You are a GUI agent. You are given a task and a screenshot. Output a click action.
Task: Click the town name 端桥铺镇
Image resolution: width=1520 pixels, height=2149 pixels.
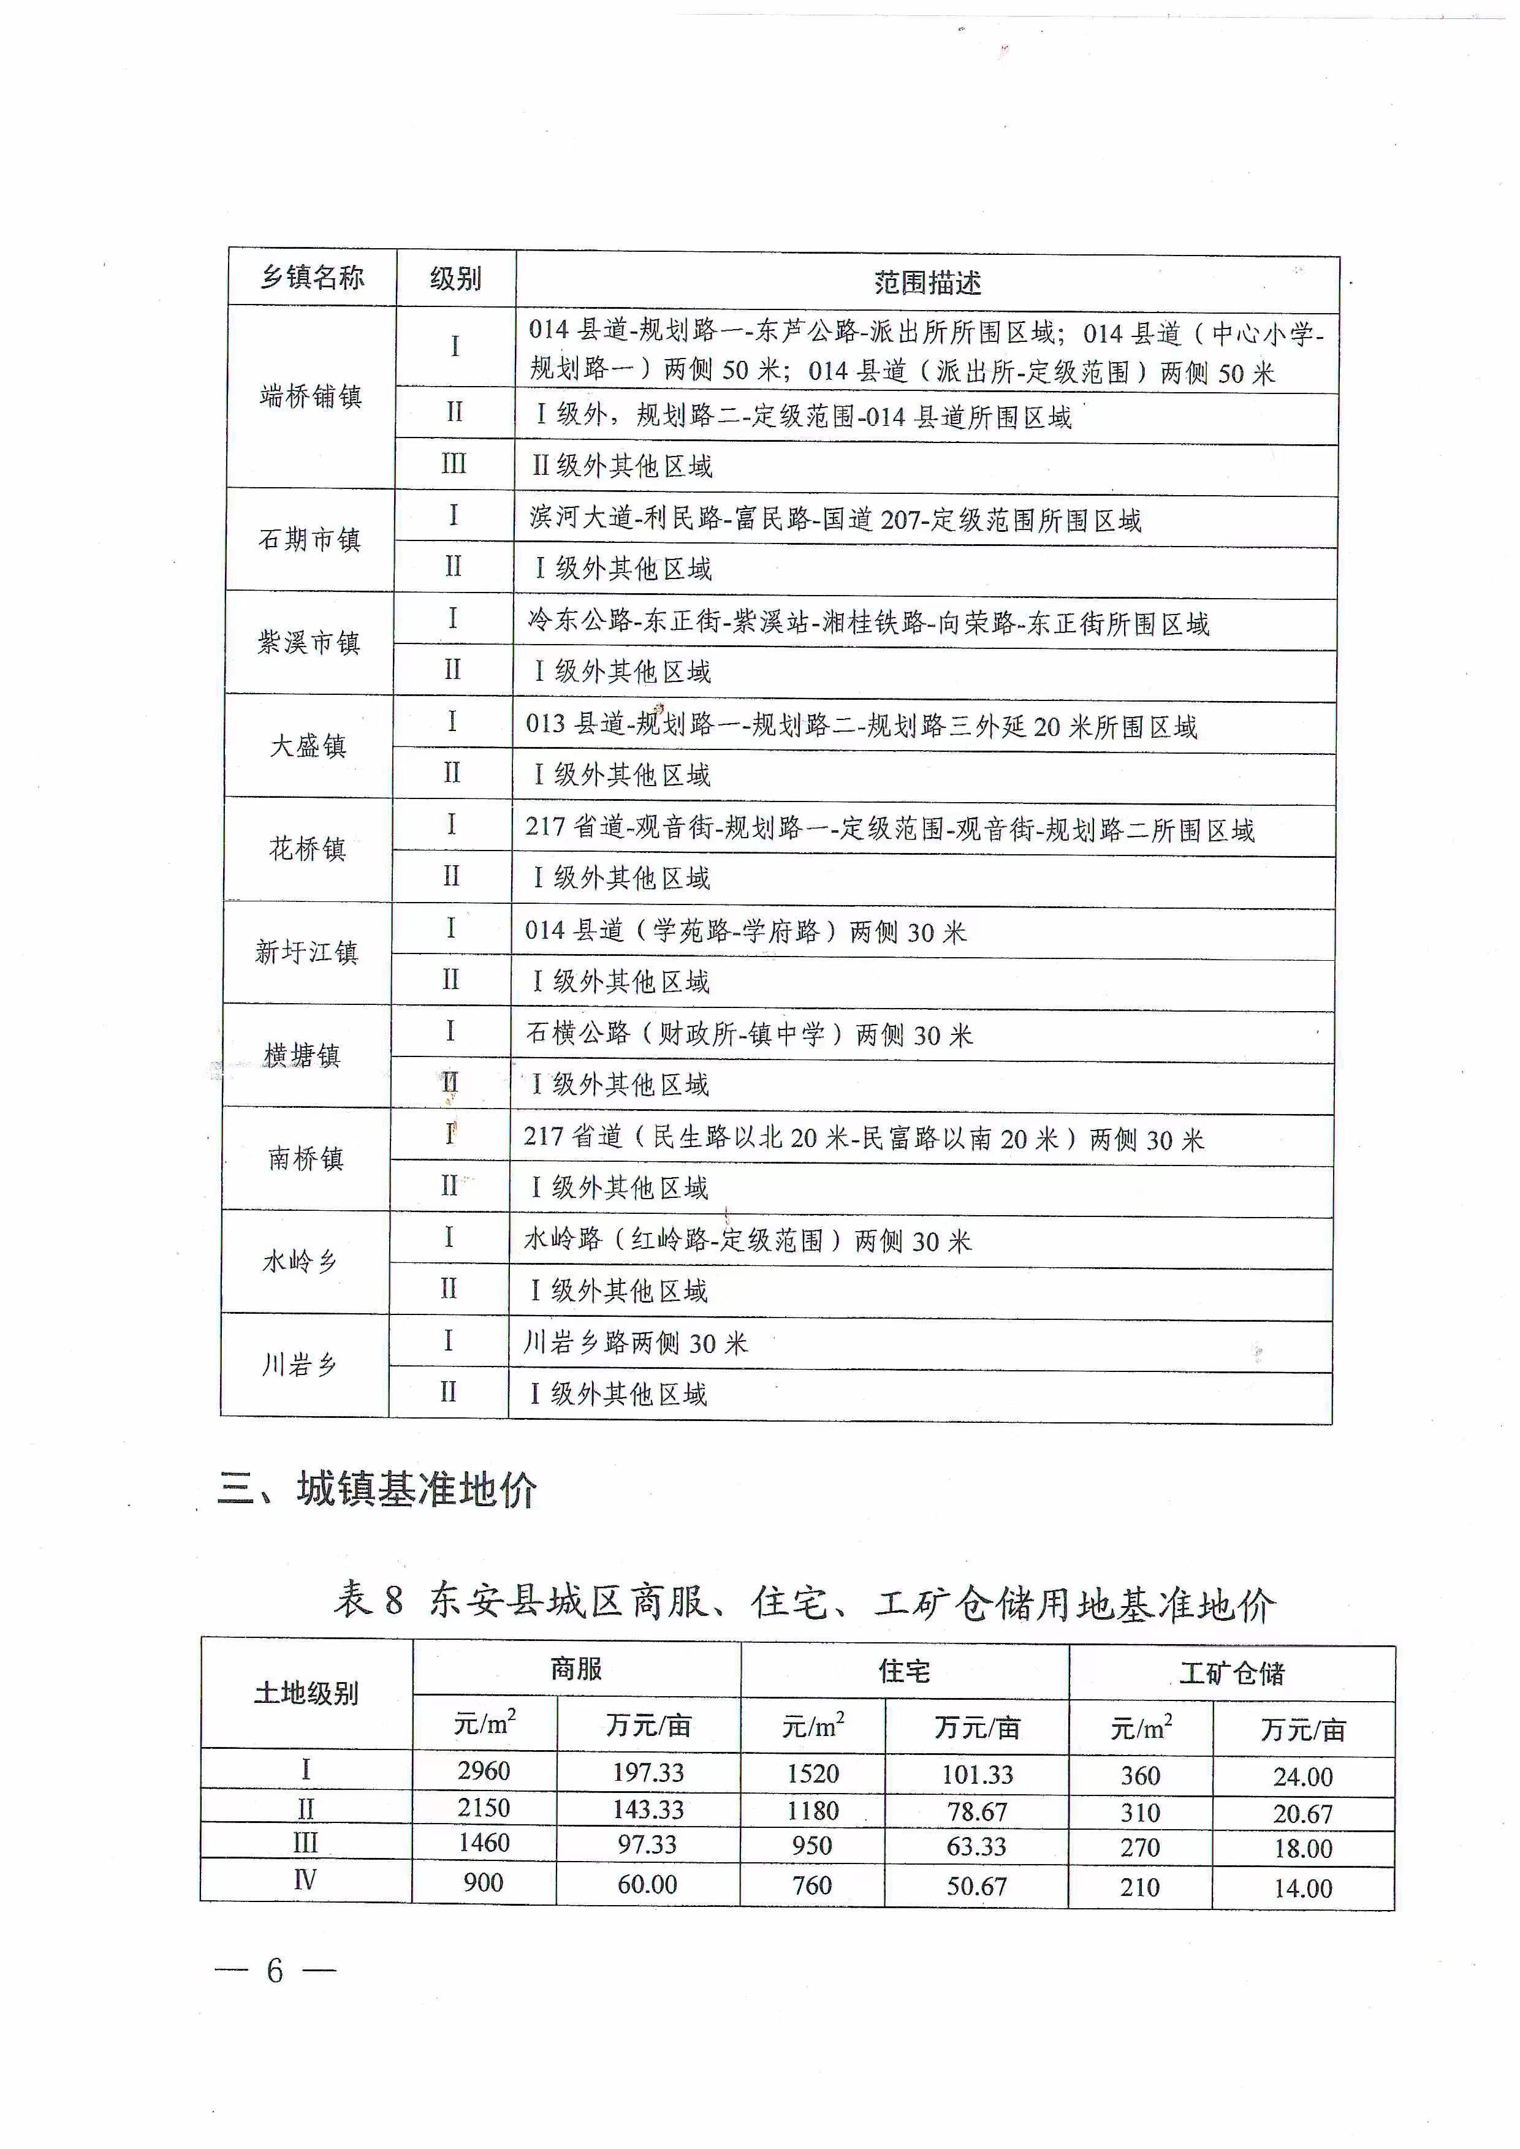tap(311, 396)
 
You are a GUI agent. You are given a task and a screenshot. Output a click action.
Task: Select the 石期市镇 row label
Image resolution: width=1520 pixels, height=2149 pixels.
tap(309, 539)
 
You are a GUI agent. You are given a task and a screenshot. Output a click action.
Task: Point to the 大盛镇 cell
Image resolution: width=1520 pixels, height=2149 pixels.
tap(308, 746)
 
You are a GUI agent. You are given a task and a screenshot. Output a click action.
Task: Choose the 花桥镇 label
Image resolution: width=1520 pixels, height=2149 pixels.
tap(307, 849)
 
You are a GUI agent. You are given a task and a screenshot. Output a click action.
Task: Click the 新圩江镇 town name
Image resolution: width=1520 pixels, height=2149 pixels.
tap(306, 953)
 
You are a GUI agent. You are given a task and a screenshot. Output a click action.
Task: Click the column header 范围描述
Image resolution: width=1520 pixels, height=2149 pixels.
tap(927, 282)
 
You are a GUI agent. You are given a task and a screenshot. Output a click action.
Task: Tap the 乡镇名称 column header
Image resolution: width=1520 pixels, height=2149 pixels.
tap(312, 277)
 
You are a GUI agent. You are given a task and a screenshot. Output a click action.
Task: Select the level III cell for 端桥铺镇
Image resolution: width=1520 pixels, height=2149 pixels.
tap(454, 464)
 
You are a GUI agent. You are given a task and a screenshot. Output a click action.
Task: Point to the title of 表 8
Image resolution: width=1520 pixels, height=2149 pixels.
tap(804, 1601)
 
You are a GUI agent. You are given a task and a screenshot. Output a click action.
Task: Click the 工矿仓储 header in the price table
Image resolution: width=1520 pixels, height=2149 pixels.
tap(1232, 1673)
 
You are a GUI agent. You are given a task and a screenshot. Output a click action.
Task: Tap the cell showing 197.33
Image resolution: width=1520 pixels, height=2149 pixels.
tap(648, 1772)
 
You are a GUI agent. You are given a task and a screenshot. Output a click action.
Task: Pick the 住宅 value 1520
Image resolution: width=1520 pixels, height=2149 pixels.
tap(813, 1773)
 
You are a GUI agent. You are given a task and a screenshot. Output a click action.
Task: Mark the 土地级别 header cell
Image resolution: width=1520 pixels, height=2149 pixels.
tap(306, 1693)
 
